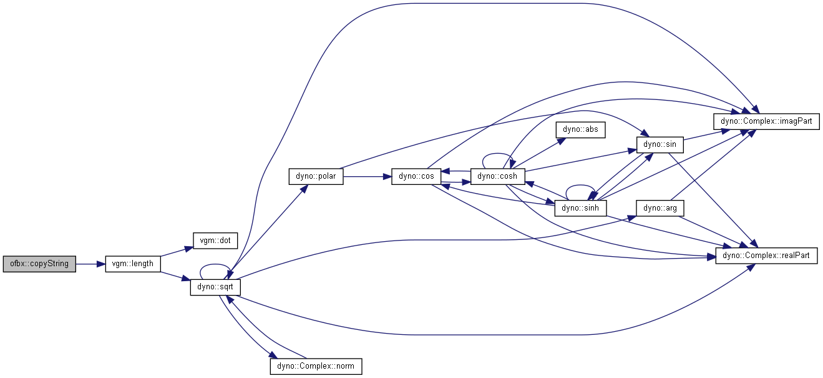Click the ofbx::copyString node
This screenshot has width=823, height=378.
coord(39,264)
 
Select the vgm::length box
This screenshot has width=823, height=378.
coord(133,264)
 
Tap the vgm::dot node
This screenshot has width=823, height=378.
coord(215,241)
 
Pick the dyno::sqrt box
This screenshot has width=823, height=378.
coord(215,287)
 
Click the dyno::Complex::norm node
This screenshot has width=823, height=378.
coord(316,367)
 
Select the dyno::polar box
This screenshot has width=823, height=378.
coord(316,177)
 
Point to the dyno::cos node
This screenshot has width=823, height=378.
coord(416,177)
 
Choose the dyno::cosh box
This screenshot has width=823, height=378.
coord(497,177)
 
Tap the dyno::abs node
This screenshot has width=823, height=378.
coord(580,130)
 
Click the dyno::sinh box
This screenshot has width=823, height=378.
coord(580,208)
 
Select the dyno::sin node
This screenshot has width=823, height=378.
coord(660,145)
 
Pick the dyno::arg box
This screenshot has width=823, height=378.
coord(660,208)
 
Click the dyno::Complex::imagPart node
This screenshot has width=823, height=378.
coord(766,121)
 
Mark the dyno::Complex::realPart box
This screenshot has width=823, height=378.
coord(766,256)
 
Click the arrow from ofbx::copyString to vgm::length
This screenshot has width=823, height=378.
coord(90,264)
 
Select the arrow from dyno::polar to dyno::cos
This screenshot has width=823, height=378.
coord(368,177)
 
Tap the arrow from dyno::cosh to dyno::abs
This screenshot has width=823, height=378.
coord(541,152)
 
